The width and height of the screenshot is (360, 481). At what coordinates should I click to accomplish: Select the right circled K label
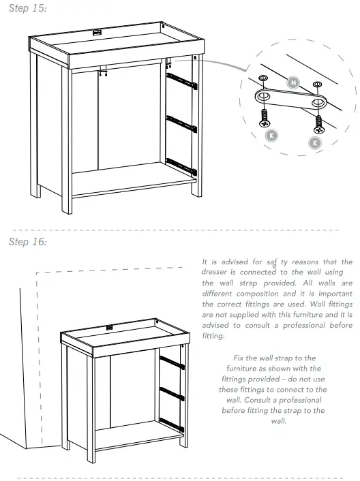coord(314,143)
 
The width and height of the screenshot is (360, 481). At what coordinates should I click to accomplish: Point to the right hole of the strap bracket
coord(317,104)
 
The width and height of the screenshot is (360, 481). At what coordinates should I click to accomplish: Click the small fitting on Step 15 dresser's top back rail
coord(97,31)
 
